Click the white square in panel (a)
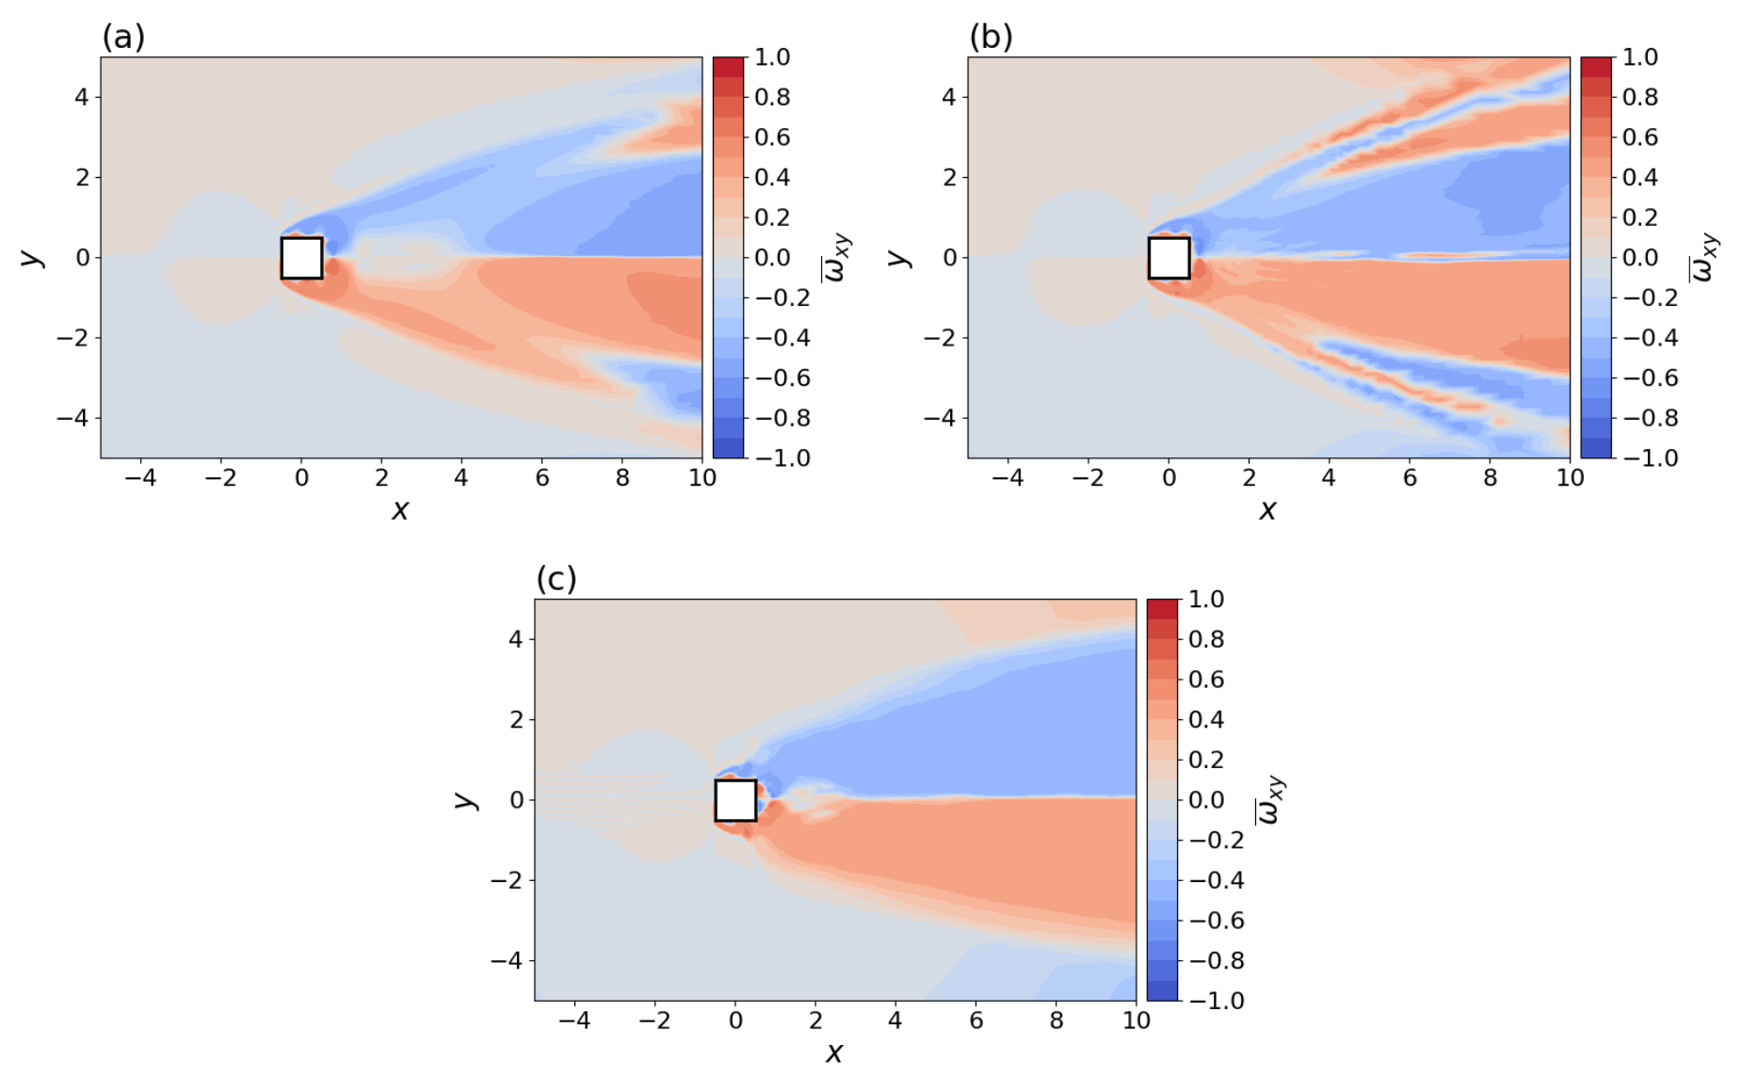click(x=301, y=258)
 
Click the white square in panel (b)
click(x=1169, y=258)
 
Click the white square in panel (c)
click(x=735, y=800)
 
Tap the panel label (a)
click(x=123, y=37)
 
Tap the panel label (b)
click(x=991, y=37)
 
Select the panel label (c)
click(x=556, y=579)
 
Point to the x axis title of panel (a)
click(x=400, y=510)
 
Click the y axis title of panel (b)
click(x=898, y=257)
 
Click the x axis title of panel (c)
click(x=834, y=1052)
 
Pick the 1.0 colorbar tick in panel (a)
click(x=772, y=57)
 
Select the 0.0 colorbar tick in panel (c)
click(x=1206, y=800)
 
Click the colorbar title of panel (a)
click(x=836, y=257)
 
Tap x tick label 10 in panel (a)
click(x=702, y=478)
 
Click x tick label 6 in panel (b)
click(x=1410, y=478)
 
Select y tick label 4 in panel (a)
click(x=82, y=97)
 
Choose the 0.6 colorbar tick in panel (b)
click(x=1639, y=137)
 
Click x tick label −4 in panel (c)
click(x=574, y=1020)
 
